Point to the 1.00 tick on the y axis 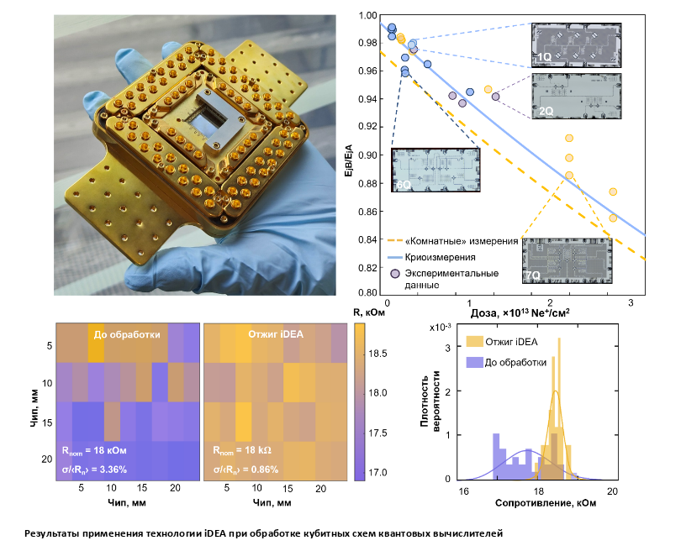click(366, 15)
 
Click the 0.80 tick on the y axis click(366, 293)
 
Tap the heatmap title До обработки click(127, 334)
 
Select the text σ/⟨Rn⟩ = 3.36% click(97, 469)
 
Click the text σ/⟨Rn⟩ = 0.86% click(245, 469)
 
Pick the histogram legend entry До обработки click(515, 362)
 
